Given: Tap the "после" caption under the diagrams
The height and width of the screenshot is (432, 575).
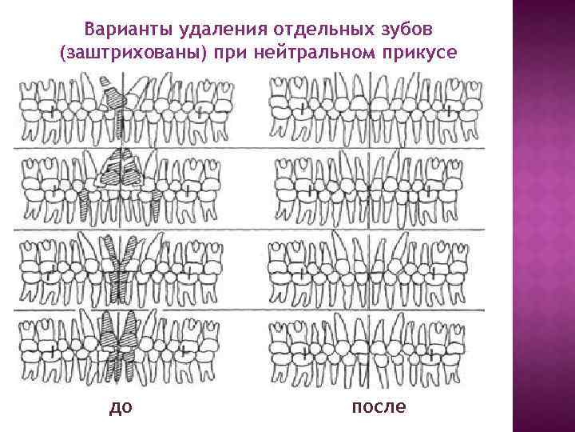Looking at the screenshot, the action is tap(378, 407).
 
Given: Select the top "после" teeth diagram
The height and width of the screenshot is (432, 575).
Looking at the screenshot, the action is tap(376, 110).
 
